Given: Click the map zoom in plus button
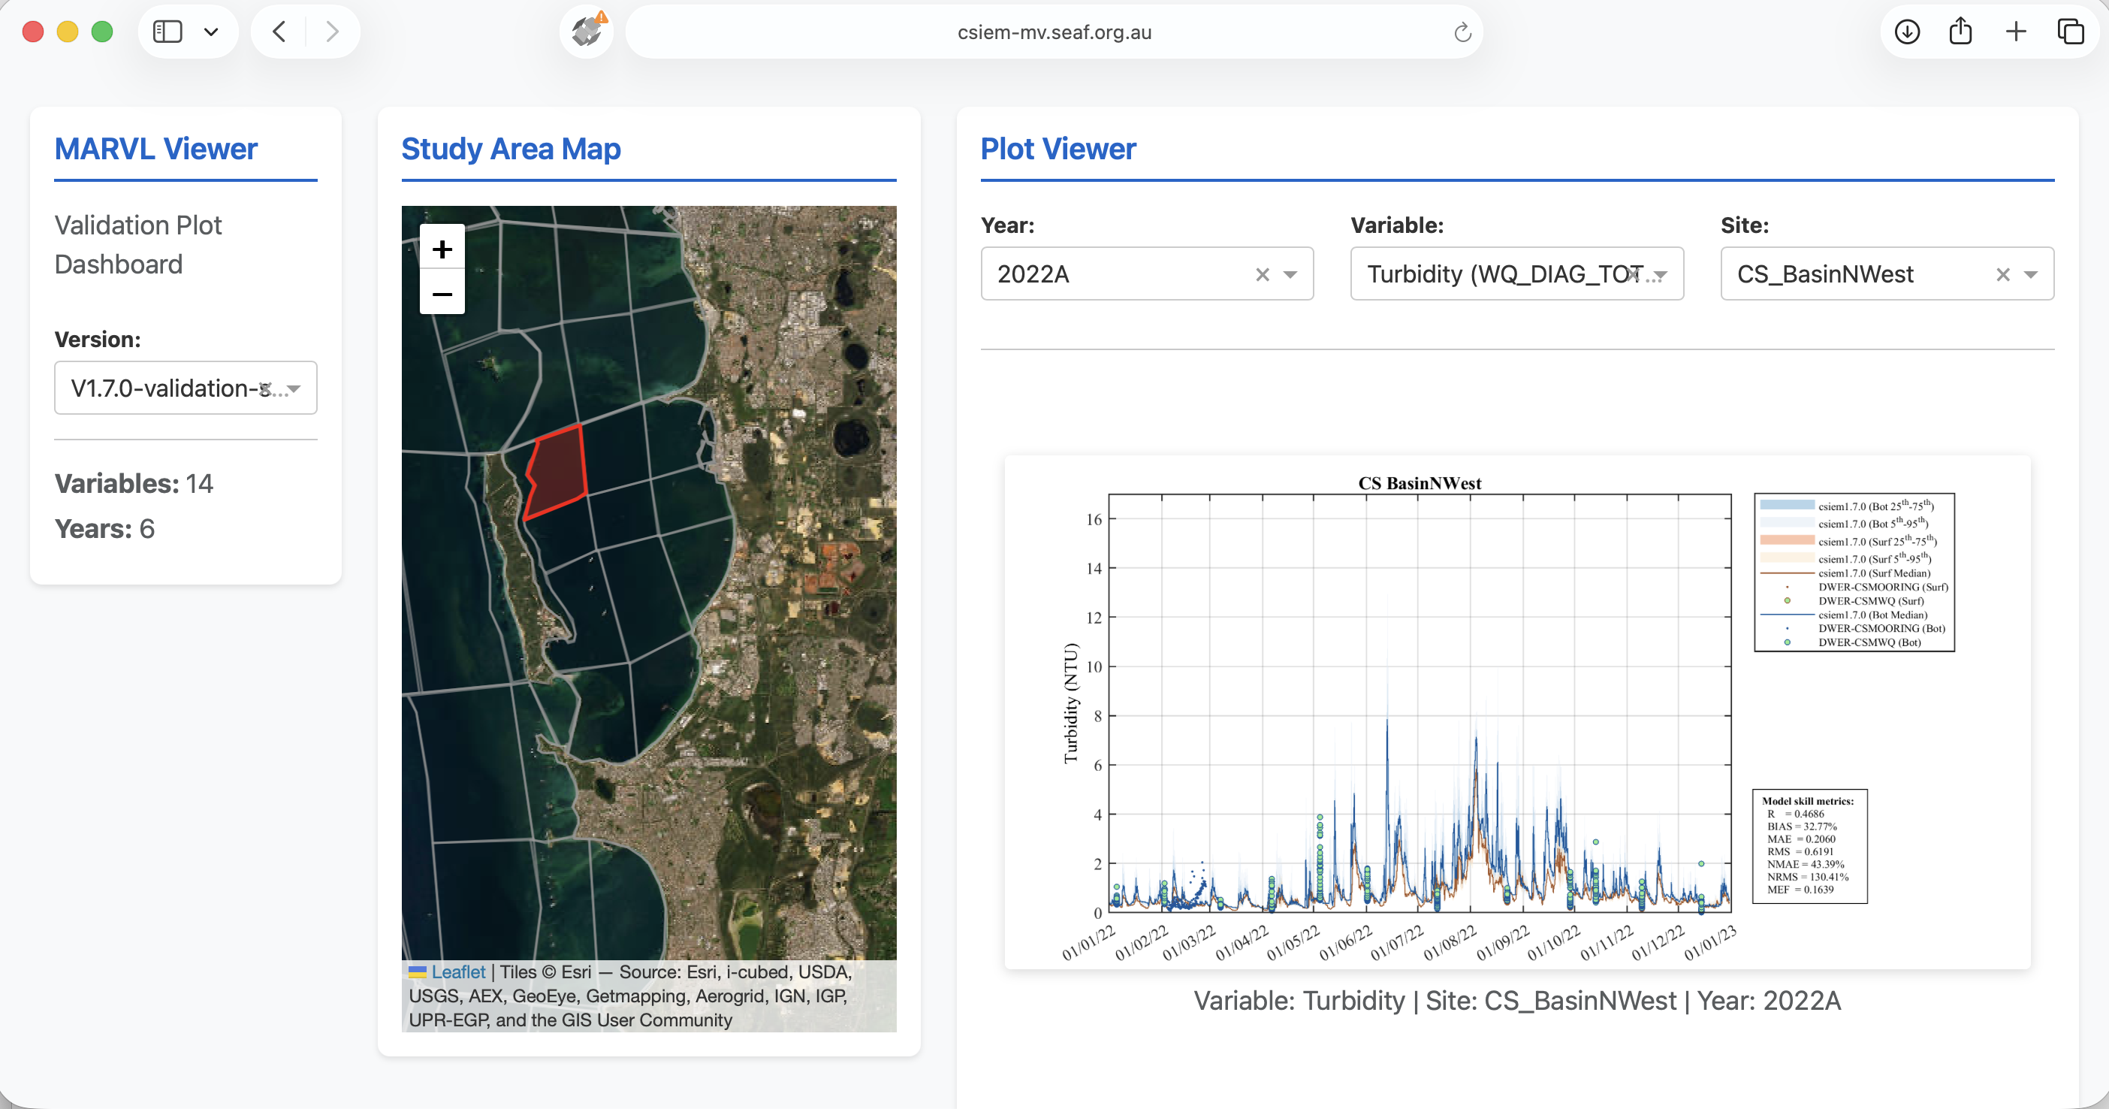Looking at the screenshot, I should pos(442,248).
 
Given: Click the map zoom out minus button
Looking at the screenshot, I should pos(442,294).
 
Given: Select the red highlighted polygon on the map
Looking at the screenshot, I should pos(557,473).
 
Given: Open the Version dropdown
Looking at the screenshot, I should pos(185,388).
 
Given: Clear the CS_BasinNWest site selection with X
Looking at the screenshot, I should pos(2002,274).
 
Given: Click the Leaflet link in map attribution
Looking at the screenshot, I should pos(457,972).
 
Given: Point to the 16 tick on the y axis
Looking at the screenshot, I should pos(1094,519).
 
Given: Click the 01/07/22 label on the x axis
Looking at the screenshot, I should pos(1398,943).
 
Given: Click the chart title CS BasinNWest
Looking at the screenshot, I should pos(1419,483).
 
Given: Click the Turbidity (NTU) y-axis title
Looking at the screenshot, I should pos(1071,703).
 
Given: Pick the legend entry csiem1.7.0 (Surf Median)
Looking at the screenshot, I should pos(1873,573).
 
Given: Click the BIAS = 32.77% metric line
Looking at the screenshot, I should pos(1801,826).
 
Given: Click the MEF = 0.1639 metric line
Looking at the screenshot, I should pos(1800,890).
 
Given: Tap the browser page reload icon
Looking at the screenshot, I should pos(1462,32).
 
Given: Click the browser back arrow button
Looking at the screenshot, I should pos(279,32).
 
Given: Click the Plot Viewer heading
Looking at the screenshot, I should pos(1058,149).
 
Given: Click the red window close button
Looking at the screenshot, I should pos(34,32).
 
